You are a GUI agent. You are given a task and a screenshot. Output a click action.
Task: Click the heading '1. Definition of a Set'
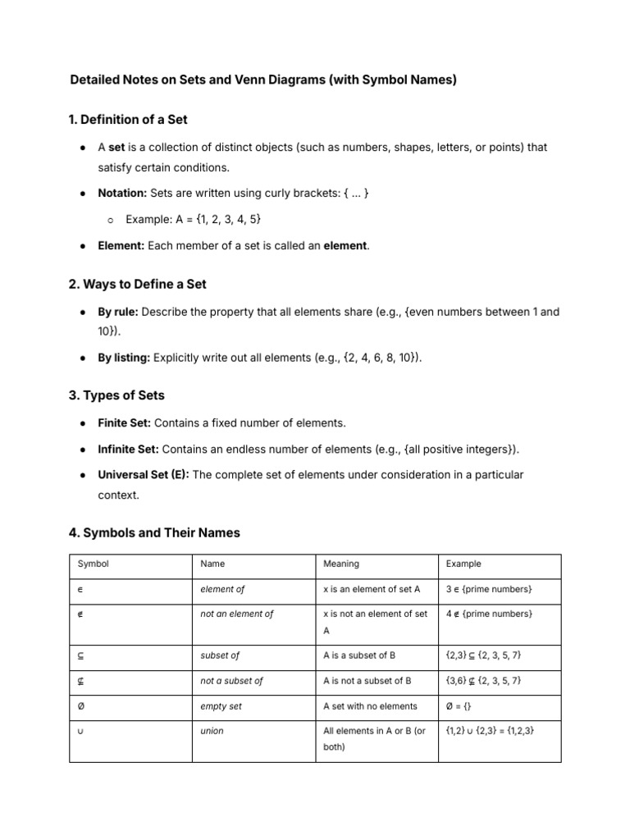(128, 120)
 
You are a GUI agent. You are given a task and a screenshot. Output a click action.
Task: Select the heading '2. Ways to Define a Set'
(138, 285)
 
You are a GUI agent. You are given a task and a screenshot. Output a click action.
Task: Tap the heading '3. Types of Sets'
(116, 395)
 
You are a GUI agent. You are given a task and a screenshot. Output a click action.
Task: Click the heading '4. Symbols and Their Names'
(154, 533)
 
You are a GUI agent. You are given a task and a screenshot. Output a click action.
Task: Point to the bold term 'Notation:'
(122, 194)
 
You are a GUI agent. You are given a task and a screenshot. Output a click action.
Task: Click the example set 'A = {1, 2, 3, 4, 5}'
(194, 220)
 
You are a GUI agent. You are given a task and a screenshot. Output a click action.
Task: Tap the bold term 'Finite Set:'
(124, 423)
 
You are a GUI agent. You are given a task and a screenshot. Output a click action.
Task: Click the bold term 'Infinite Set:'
(128, 450)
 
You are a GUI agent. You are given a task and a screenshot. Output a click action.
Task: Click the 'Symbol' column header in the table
(93, 564)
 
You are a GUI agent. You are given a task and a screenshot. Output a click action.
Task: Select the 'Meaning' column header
(340, 564)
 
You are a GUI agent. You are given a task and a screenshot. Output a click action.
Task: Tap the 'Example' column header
(463, 564)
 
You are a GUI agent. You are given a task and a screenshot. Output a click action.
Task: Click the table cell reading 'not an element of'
(237, 614)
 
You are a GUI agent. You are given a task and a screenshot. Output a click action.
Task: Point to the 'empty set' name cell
(221, 706)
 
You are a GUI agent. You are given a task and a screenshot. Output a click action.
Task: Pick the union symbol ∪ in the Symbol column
(80, 731)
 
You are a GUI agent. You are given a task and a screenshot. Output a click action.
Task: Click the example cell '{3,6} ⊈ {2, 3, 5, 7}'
(483, 681)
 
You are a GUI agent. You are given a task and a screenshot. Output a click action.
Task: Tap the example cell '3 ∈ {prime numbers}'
(489, 589)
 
